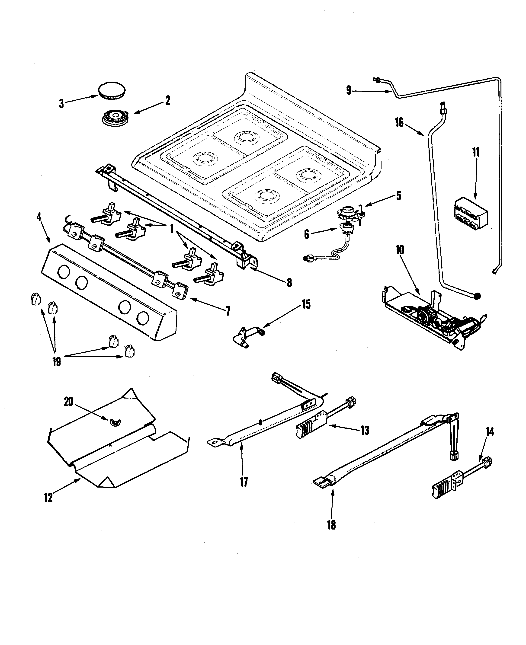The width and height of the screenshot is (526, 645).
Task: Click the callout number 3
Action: coord(61,104)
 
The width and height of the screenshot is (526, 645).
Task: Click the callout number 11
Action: coord(476,152)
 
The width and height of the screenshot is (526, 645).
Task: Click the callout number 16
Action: coord(399,122)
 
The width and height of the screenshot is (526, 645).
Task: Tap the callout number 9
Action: coord(349,90)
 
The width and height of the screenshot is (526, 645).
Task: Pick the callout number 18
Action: coord(331,525)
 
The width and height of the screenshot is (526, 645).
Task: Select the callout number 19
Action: coord(57,361)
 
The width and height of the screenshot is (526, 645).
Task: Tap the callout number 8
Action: coord(289,283)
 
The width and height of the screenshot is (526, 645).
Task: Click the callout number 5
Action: coord(399,196)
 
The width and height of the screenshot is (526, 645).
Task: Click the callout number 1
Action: coord(172,229)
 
